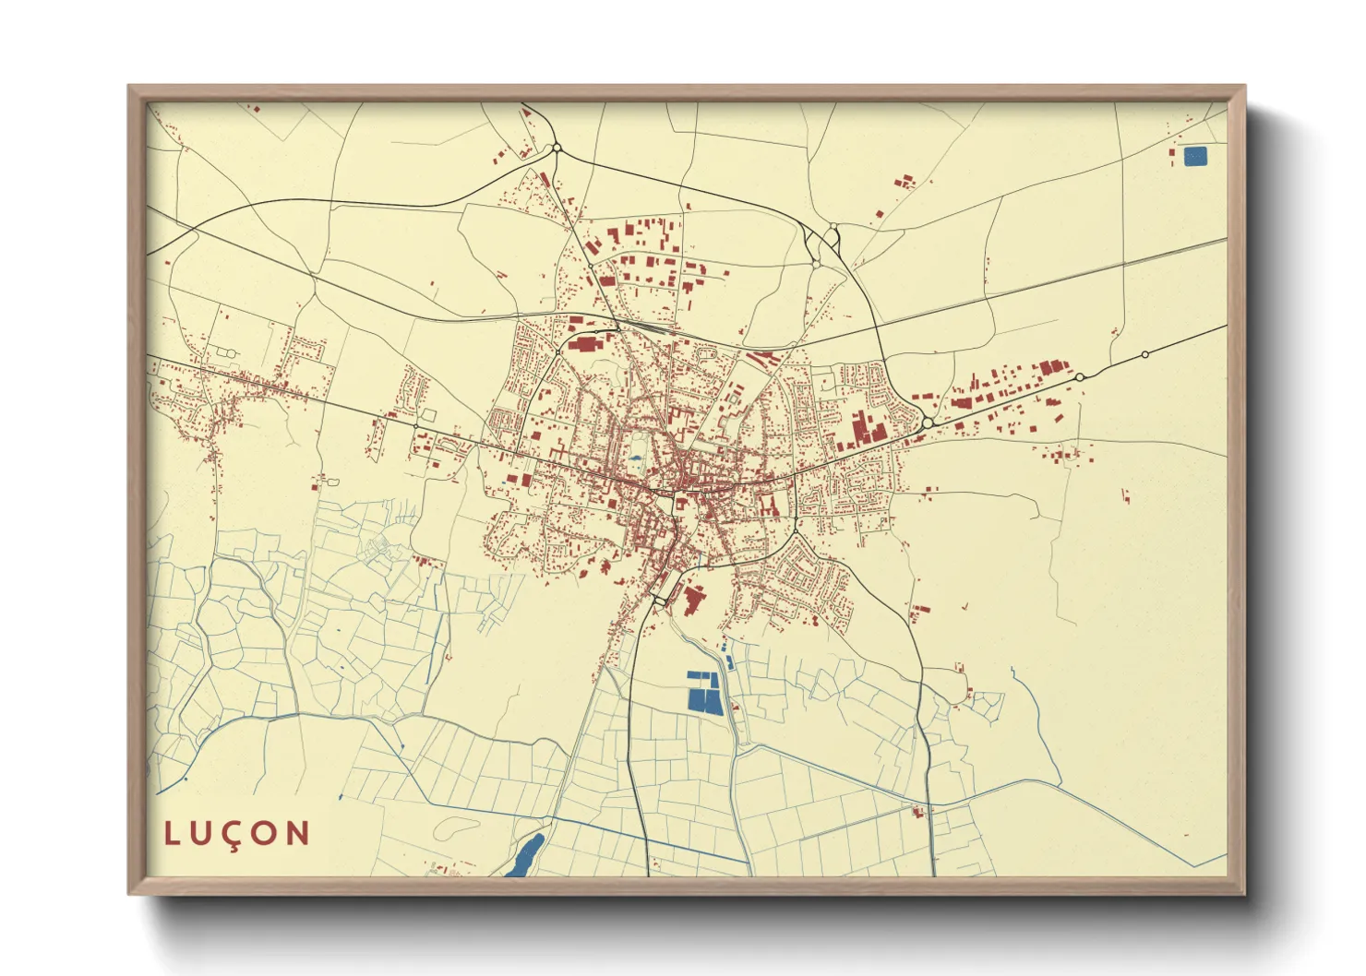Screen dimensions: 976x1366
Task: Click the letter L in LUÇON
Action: (x=172, y=833)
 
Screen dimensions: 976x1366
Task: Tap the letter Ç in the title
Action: (x=234, y=835)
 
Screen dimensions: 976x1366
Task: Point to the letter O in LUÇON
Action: (x=265, y=833)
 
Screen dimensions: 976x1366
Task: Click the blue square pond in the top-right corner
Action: (x=1194, y=157)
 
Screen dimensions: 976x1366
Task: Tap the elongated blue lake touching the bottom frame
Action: (x=524, y=857)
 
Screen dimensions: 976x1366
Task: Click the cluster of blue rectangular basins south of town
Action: (x=705, y=692)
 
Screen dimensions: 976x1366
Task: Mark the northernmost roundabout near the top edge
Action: (x=556, y=148)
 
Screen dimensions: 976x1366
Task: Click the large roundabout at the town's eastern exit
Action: (x=928, y=423)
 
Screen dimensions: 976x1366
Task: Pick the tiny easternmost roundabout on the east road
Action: (x=1144, y=354)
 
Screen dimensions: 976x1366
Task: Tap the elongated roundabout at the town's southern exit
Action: (x=660, y=601)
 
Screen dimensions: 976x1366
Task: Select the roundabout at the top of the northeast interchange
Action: (x=833, y=227)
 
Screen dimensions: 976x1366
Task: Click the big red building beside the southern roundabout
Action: (x=692, y=599)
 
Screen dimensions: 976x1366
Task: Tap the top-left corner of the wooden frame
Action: (x=129, y=87)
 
